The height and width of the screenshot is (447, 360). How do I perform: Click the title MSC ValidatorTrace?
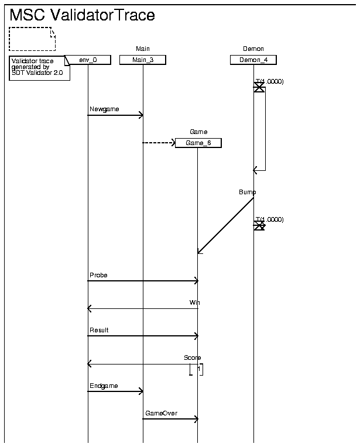[83, 16]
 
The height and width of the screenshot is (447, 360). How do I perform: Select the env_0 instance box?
[88, 60]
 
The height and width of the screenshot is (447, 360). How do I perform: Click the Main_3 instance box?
[143, 60]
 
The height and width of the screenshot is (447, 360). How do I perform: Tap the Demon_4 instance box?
[253, 60]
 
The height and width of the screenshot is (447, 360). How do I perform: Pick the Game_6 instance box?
[198, 143]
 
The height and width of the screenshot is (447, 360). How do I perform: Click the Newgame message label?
[100, 109]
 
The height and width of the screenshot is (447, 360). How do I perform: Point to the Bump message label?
[247, 192]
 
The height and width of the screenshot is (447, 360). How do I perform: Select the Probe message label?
[98, 274]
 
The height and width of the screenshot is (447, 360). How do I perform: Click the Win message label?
[195, 302]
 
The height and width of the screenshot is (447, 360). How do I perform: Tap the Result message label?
[99, 330]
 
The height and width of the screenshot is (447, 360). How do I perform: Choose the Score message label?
[193, 357]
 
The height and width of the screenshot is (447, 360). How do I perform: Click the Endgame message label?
[104, 386]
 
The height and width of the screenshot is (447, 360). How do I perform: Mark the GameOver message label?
[161, 413]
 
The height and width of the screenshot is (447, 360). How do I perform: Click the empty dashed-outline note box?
[32, 39]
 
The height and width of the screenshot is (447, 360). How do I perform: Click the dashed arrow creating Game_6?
[159, 142]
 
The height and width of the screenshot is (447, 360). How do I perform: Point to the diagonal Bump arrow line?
[226, 225]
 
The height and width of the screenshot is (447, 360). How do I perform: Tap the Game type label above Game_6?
[198, 132]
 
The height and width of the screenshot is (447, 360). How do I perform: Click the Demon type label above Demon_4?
[253, 49]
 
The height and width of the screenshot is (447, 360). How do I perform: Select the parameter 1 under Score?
[199, 369]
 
